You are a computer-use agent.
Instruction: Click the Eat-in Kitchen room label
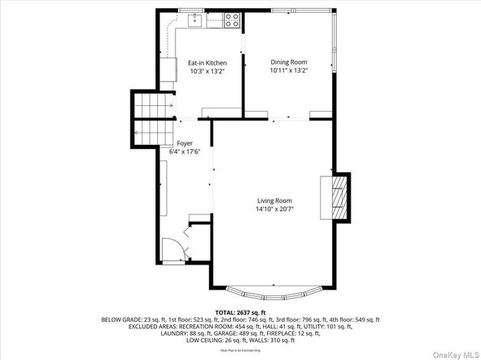(x=207, y=62)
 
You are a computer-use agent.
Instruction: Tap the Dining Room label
(x=288, y=62)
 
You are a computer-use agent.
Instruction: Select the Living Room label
(x=275, y=200)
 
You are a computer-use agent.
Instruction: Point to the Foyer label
(x=185, y=142)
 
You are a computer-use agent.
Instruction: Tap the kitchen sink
(x=193, y=18)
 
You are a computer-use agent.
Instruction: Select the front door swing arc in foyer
(x=171, y=250)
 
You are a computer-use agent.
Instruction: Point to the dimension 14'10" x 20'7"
(x=275, y=209)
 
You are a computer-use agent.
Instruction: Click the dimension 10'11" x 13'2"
(x=288, y=71)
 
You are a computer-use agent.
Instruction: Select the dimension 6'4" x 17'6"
(x=185, y=150)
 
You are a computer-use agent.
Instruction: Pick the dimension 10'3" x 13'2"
(x=207, y=71)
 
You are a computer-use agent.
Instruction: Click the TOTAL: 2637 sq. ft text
(x=240, y=311)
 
